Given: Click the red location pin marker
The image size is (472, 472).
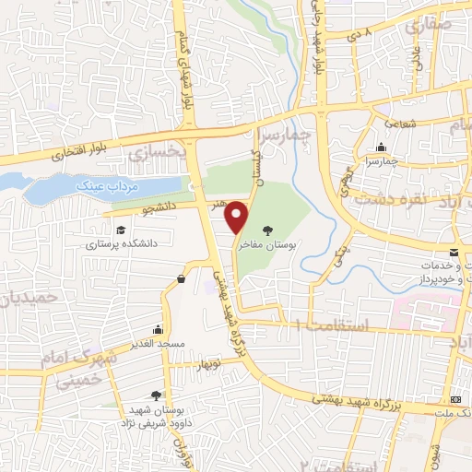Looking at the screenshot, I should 238,216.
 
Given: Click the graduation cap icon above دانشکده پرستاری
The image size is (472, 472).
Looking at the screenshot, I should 121,230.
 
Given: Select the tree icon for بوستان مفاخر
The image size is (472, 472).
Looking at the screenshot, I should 268,230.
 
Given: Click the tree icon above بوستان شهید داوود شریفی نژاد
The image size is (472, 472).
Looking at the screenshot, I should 167,394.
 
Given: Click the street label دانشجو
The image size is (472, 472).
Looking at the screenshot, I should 159,209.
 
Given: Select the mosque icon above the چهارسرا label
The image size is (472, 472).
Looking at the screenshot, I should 381,147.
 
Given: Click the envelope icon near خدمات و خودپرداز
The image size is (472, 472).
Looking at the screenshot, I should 454,253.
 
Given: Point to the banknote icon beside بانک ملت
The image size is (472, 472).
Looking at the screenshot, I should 456,399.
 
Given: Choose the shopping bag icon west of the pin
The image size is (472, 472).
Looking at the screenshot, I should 181,277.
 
